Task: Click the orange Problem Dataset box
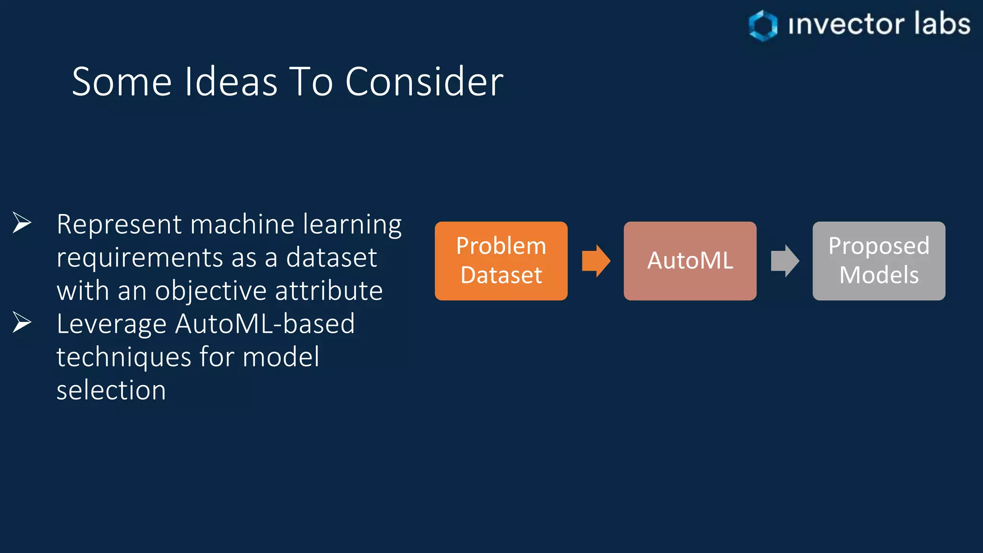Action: tap(501, 261)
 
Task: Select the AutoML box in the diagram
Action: tap(690, 261)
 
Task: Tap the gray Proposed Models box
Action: tap(878, 261)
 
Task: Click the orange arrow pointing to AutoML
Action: tap(596, 261)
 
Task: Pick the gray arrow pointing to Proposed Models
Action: tap(785, 261)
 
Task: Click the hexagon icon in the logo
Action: tap(763, 25)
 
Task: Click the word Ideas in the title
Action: tap(231, 82)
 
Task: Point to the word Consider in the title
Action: tap(424, 82)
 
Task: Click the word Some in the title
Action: tap(122, 82)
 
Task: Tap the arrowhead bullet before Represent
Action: tap(22, 223)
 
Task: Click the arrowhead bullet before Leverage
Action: tap(22, 322)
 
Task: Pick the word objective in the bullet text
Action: tap(211, 291)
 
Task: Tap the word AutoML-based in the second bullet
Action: tap(265, 324)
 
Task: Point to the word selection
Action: tap(111, 390)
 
